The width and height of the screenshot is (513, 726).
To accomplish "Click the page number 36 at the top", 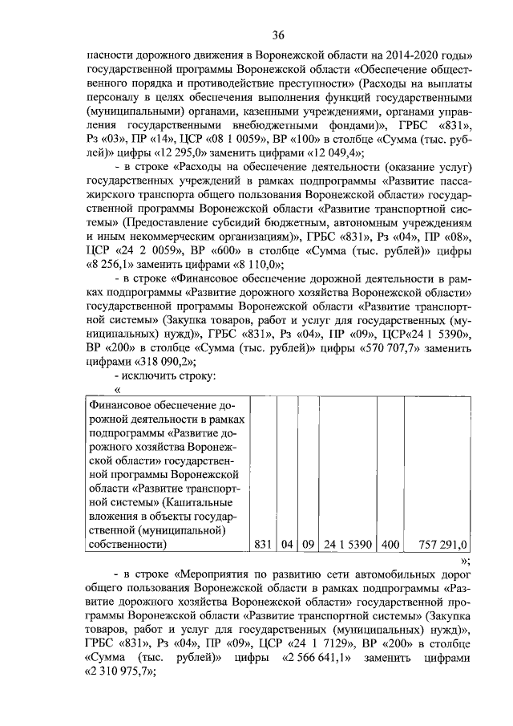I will coord(277,34).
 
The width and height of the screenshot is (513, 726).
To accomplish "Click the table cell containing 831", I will coord(264,546).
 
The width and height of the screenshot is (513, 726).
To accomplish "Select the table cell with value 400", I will coord(389,546).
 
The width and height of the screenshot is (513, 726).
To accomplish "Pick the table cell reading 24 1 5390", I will coord(346,546).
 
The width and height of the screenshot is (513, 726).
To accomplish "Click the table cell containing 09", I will coord(308,546).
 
